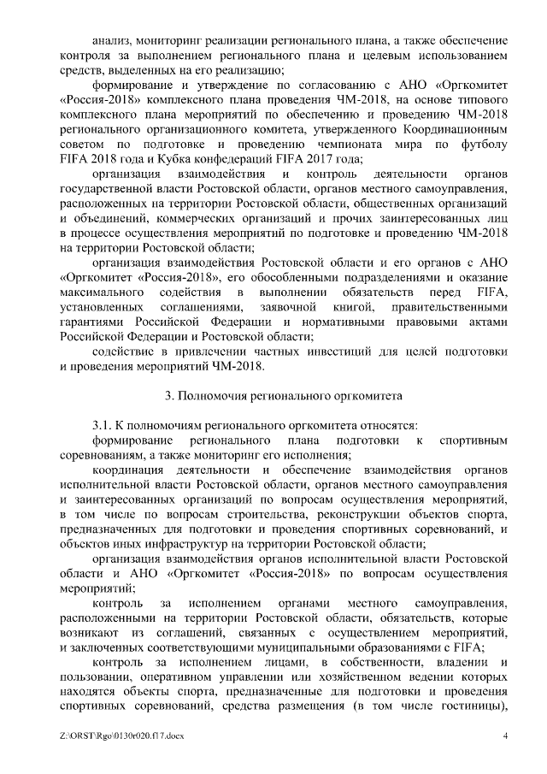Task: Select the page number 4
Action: click(x=505, y=736)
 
